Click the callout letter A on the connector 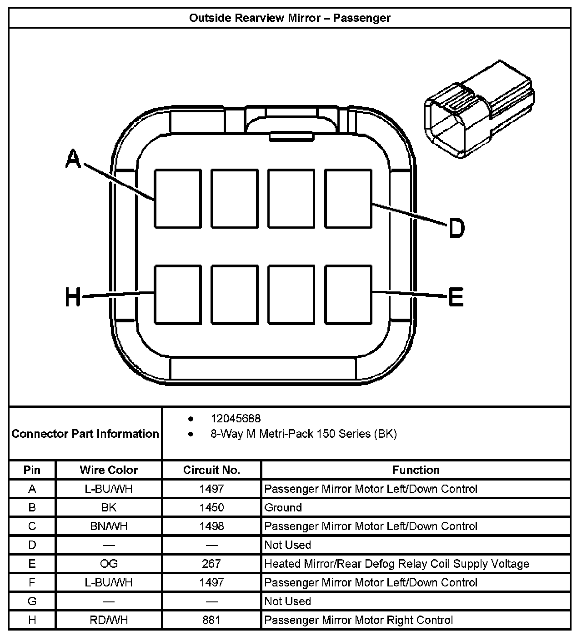tap(73, 160)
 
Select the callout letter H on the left tap(73, 298)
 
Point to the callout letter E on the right tap(456, 298)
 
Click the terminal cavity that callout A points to tap(178, 199)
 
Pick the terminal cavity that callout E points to tap(348, 295)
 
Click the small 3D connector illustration tap(478, 109)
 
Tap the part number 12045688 tap(236, 418)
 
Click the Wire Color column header tap(109, 470)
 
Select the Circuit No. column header tap(211, 470)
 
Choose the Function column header tap(416, 470)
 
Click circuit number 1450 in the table tap(211, 507)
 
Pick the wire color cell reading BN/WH tap(109, 526)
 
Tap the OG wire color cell tap(109, 564)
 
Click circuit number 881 tap(211, 620)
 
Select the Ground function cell tap(283, 507)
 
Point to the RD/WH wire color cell tap(109, 620)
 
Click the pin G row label tap(32, 601)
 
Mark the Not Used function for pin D tap(287, 545)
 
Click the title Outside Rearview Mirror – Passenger tap(290, 18)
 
